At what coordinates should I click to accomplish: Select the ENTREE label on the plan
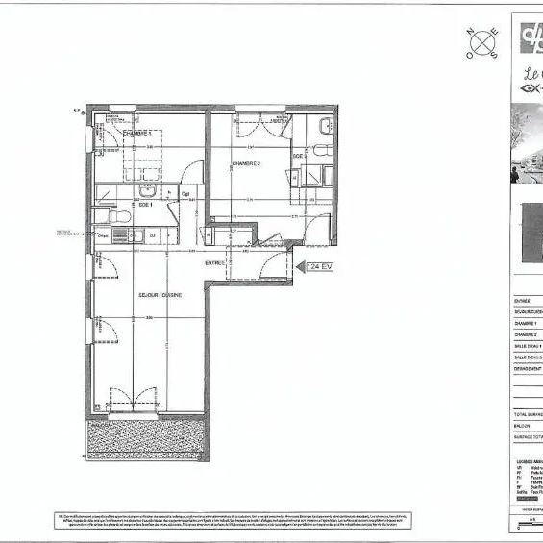coord(215,262)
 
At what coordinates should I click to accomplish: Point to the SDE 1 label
coord(146,203)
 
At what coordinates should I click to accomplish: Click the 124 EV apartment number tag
coord(320,266)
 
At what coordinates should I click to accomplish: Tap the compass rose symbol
coord(482,42)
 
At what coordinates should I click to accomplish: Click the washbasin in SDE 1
coord(146,189)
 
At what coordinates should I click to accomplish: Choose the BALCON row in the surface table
coord(525,425)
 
